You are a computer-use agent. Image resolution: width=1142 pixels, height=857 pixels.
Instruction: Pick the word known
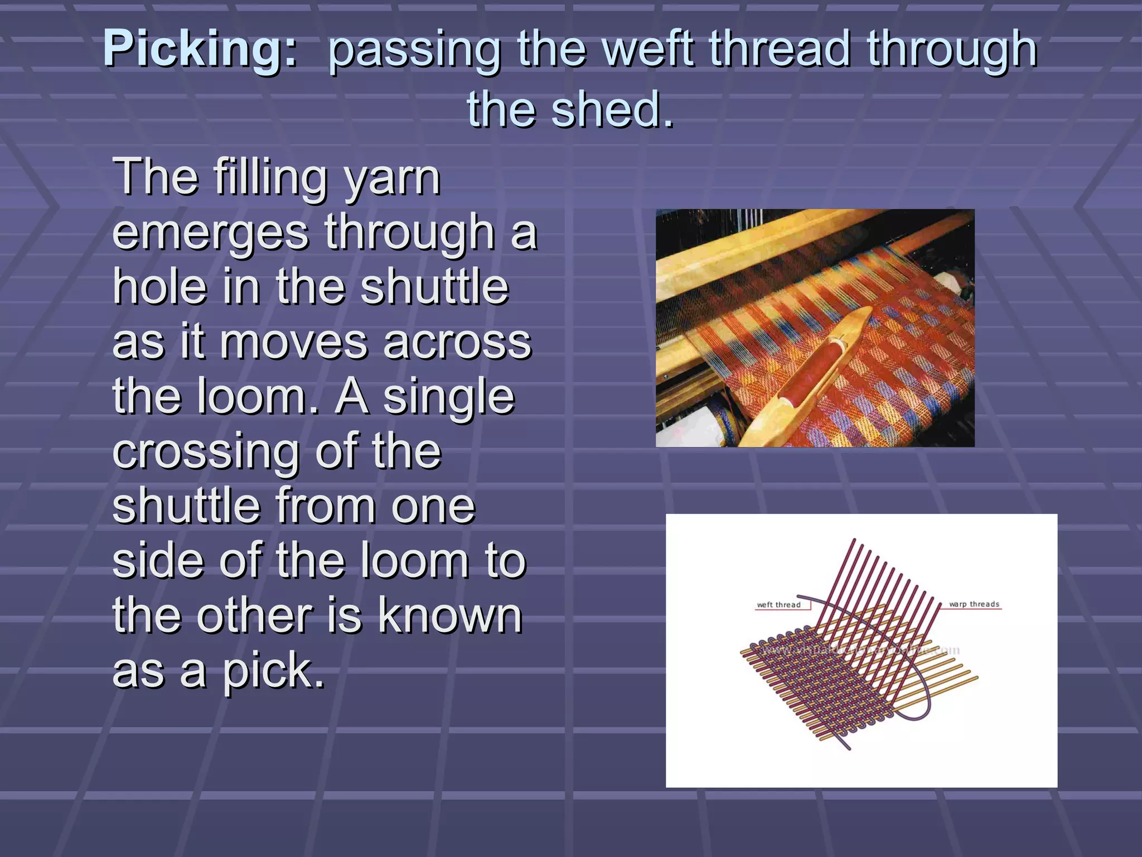(x=451, y=617)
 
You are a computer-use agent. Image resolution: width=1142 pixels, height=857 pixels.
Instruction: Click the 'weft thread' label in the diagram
(x=778, y=605)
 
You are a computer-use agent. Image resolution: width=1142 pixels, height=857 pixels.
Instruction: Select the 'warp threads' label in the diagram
(x=974, y=604)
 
